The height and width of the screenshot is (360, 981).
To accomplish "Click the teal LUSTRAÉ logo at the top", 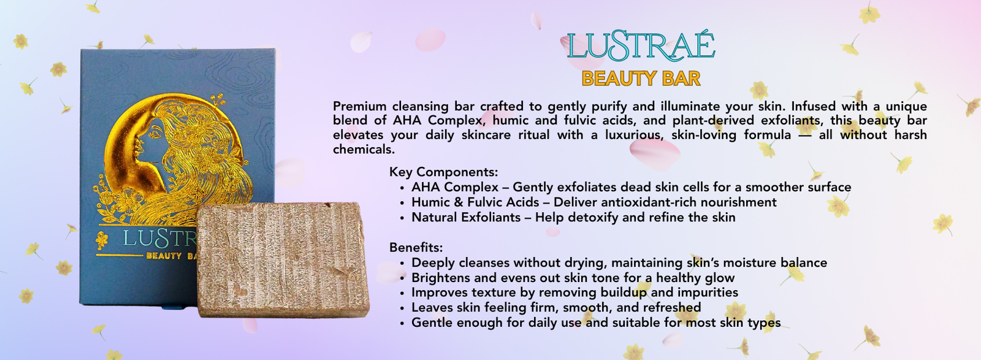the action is coord(641,47).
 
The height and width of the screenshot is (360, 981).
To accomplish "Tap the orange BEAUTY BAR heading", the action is coord(641,79).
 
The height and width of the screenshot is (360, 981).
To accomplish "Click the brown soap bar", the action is coord(283,259).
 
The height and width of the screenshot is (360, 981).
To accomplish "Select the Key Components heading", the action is coord(444,172).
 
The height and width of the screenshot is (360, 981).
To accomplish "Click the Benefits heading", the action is coord(416,247).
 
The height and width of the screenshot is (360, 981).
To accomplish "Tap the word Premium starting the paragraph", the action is coord(359,106).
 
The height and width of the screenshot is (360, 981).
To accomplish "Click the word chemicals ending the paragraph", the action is coord(364,150).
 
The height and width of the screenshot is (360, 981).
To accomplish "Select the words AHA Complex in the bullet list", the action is coord(455,188).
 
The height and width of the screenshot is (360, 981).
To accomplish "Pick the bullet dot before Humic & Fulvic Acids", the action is coord(402,203).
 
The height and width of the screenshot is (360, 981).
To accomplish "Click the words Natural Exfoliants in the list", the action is coord(466,217).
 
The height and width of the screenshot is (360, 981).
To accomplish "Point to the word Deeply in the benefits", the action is coord(433,262).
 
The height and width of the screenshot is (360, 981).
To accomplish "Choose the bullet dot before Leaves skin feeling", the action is coord(402,308).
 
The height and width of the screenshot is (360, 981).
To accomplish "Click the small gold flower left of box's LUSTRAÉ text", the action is coord(102,240).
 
